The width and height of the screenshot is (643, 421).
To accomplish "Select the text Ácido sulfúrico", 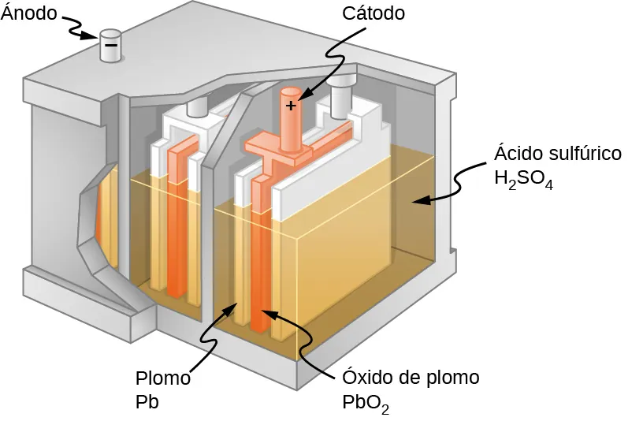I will [557, 153].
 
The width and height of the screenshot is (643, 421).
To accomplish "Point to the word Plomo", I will [163, 378].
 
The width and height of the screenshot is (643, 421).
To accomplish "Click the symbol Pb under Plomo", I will [147, 402].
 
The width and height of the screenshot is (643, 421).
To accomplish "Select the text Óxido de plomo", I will [410, 378].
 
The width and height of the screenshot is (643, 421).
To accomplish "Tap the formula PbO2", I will [366, 403].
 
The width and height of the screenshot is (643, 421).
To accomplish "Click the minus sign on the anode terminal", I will [111, 46].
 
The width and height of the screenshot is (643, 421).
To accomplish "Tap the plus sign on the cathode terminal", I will [291, 105].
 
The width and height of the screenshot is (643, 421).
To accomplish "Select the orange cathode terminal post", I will [292, 118].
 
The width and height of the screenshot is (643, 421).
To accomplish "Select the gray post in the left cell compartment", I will [196, 108].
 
